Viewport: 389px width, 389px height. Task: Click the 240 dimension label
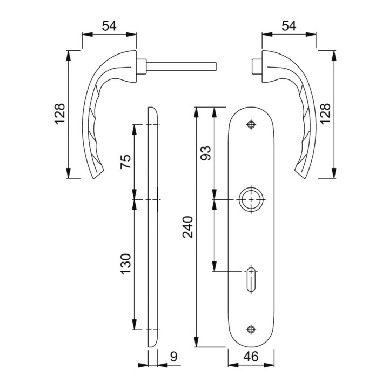pos(188,227)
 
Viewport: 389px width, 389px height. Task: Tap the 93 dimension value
pos(206,153)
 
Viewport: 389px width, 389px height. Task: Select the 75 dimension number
pos(126,162)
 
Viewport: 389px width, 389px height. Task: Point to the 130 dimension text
pos(126,264)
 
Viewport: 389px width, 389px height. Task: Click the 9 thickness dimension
pos(174,357)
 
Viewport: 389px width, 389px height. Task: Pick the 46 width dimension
pos(251,357)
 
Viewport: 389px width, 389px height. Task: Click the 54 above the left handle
pos(109,26)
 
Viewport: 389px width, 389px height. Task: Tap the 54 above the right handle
pos(289,26)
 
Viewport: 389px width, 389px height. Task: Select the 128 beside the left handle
pos(60,114)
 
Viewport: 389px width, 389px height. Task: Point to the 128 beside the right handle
pos(325,114)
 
